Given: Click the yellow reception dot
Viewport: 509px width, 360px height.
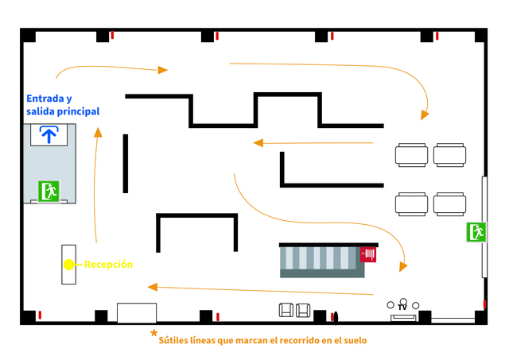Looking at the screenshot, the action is pyautogui.click(x=69, y=265).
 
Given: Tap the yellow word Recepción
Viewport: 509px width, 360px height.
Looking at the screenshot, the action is pyautogui.click(x=108, y=265).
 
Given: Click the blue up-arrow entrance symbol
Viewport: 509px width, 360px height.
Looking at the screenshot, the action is pyautogui.click(x=49, y=134).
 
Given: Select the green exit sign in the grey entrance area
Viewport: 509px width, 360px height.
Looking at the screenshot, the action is pyautogui.click(x=49, y=192).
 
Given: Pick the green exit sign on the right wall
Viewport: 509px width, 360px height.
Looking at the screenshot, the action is pyautogui.click(x=476, y=232).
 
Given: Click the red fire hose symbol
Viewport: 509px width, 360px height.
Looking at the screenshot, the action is pyautogui.click(x=368, y=254).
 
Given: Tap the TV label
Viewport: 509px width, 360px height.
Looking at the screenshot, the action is pyautogui.click(x=402, y=307).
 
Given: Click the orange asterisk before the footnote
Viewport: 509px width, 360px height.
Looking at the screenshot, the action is pyautogui.click(x=153, y=333).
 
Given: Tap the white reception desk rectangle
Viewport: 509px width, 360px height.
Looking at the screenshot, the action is pyautogui.click(x=69, y=265).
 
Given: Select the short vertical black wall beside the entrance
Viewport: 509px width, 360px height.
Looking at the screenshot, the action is pyautogui.click(x=126, y=164).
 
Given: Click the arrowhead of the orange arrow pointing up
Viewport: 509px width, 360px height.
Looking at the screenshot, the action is pyautogui.click(x=98, y=133).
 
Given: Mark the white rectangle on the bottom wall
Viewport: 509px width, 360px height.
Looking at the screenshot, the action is pyautogui.click(x=137, y=313).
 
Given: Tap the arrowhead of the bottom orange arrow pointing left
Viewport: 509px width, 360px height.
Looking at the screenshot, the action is pyautogui.click(x=153, y=287).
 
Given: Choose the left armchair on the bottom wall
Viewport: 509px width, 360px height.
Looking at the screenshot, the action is pyautogui.click(x=286, y=310).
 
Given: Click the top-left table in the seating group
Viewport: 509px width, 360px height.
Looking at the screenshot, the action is pyautogui.click(x=412, y=155).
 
